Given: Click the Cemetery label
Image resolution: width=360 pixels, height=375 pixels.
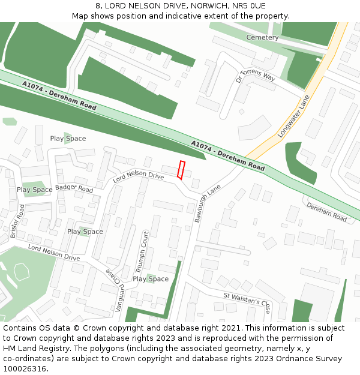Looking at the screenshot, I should [x=262, y=37].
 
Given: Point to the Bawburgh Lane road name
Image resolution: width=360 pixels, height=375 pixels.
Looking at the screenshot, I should [x=208, y=203].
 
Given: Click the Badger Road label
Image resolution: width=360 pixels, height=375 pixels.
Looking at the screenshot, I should [x=74, y=188].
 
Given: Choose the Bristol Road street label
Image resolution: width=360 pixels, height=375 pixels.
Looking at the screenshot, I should [x=17, y=221].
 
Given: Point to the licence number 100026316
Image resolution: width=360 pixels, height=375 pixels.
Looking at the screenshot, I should [x=26, y=368].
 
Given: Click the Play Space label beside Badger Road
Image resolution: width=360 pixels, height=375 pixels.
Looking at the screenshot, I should [x=34, y=190].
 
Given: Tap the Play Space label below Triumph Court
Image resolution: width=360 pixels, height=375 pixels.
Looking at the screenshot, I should [x=151, y=278].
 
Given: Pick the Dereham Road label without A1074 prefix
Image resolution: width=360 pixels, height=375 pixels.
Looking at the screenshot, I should [x=326, y=212].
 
